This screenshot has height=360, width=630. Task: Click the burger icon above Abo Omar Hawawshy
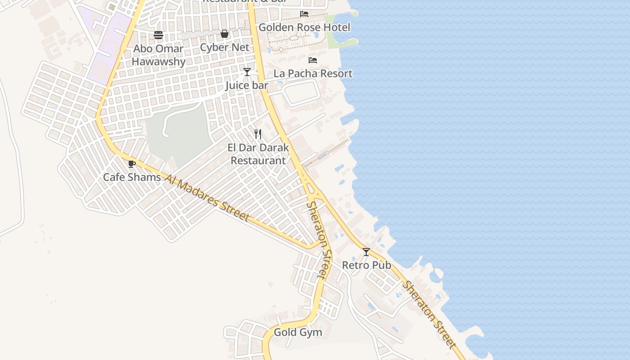click(x=158, y=35)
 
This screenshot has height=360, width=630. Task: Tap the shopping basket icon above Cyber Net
click(x=225, y=34)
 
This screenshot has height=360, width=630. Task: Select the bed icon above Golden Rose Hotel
click(x=304, y=14)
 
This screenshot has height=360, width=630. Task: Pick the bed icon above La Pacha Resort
click(x=313, y=60)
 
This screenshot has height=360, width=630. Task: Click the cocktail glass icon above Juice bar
click(x=247, y=72)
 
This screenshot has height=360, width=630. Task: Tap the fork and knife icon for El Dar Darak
click(x=258, y=134)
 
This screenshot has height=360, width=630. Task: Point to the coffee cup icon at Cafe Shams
click(x=131, y=164)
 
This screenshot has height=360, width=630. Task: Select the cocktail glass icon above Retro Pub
click(x=366, y=252)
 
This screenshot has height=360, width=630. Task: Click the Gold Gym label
click(x=298, y=333)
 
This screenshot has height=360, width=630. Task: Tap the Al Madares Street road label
click(x=207, y=198)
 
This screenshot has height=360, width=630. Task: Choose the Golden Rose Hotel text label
click(x=304, y=27)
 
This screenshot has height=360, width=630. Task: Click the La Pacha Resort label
click(x=313, y=73)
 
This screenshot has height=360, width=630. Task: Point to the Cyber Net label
click(x=225, y=47)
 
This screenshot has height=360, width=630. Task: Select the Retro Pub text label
click(x=366, y=265)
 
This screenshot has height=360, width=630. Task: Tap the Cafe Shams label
click(x=132, y=177)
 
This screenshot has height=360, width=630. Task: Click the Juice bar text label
click(x=247, y=85)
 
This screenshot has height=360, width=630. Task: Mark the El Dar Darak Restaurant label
click(x=258, y=154)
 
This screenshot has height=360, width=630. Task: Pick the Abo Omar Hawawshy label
click(x=158, y=55)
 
